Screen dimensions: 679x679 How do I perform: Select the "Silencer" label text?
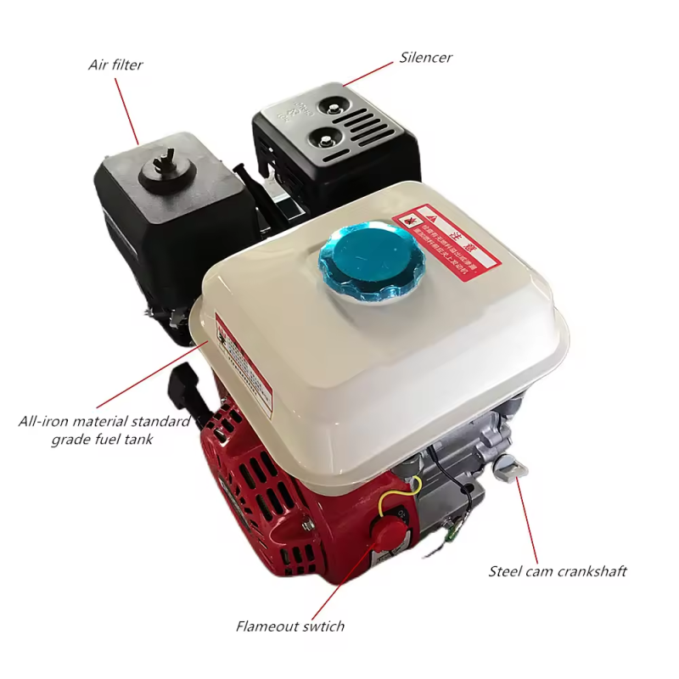(x=426, y=59)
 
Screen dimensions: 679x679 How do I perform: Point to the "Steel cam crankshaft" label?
(x=558, y=571)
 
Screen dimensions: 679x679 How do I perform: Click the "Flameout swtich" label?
(x=290, y=626)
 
